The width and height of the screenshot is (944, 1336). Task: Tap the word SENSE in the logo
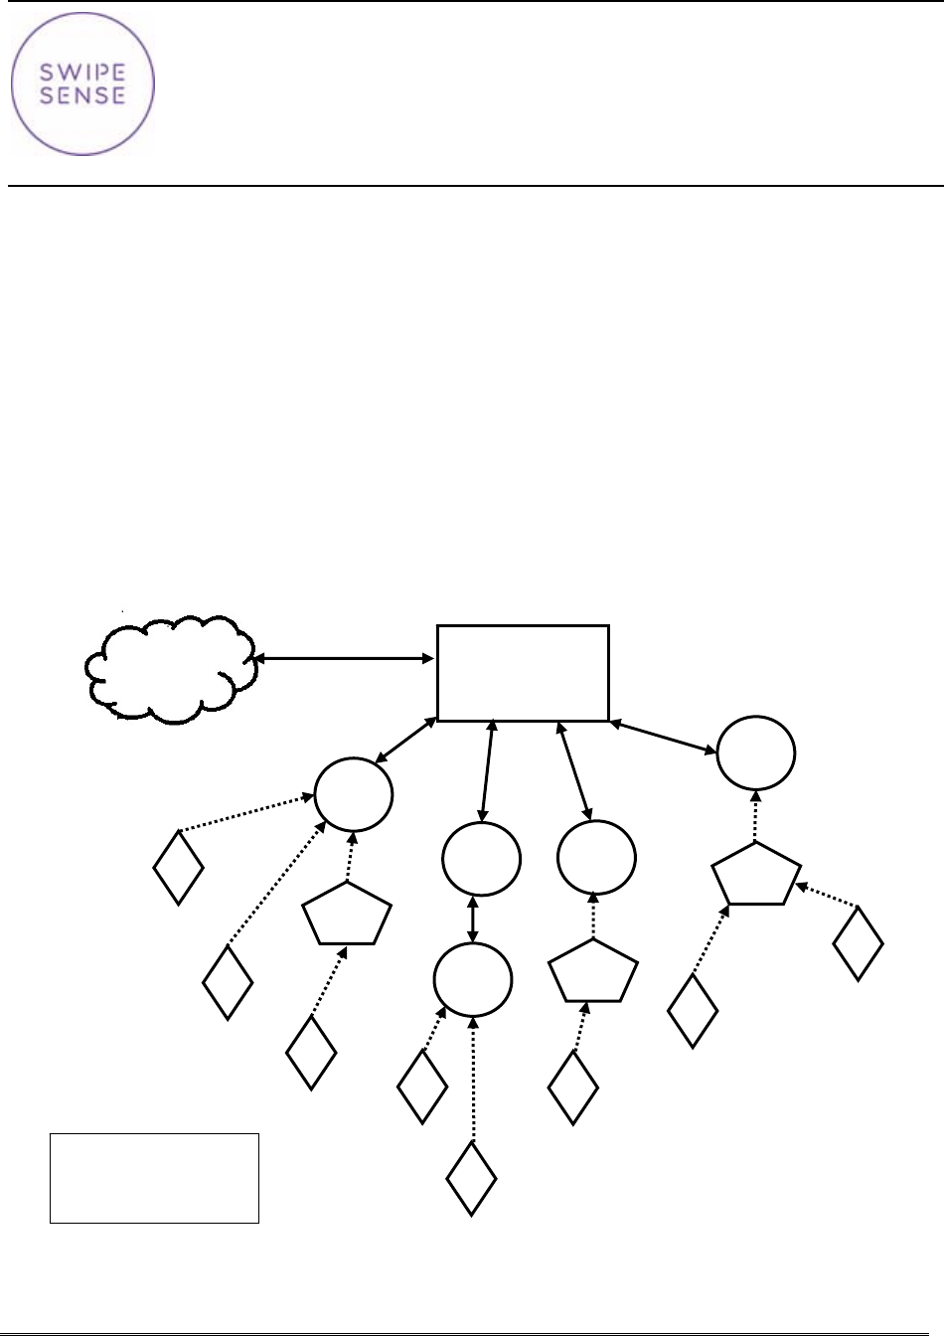coord(82,95)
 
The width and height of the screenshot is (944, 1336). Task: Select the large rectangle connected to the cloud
coord(523,673)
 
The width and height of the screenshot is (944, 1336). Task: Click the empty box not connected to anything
coord(154,1177)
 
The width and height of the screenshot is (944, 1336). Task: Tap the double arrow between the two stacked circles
coord(473,920)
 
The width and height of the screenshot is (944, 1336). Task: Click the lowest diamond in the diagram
coord(471,1178)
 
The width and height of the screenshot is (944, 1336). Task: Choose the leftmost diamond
coord(179,866)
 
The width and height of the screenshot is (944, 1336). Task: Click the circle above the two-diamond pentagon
coord(756,753)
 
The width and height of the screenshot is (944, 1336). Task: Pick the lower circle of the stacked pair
coord(473,980)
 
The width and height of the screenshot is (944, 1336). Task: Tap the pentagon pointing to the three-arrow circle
coord(347,915)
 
